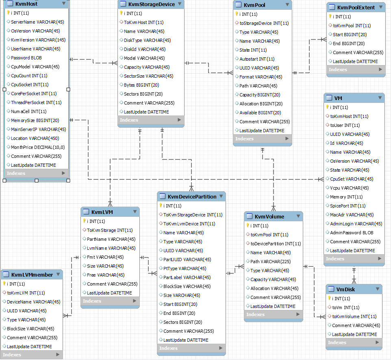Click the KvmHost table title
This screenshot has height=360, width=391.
pos(26,4)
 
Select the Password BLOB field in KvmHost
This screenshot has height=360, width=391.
pos(26,58)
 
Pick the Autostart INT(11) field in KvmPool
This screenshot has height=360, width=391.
pos(257,59)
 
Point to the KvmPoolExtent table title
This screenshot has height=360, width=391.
pos(356,7)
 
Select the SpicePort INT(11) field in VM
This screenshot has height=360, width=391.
pos(348,206)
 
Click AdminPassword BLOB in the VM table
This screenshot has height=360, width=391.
pos(352,233)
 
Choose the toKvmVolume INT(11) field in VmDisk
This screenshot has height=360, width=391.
pos(354,316)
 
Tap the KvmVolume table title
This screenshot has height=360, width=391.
pos(269,216)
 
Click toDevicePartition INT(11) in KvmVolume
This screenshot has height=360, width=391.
pos(276,244)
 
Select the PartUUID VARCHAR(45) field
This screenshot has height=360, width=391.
pos(187,260)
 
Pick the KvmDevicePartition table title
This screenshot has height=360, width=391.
pos(192,196)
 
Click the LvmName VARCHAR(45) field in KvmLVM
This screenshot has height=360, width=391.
pos(111,248)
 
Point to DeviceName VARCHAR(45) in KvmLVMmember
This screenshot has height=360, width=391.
pos(33,302)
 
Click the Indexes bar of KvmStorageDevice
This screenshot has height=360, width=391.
pos(150,120)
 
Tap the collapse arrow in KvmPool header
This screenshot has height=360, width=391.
pos(287,4)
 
